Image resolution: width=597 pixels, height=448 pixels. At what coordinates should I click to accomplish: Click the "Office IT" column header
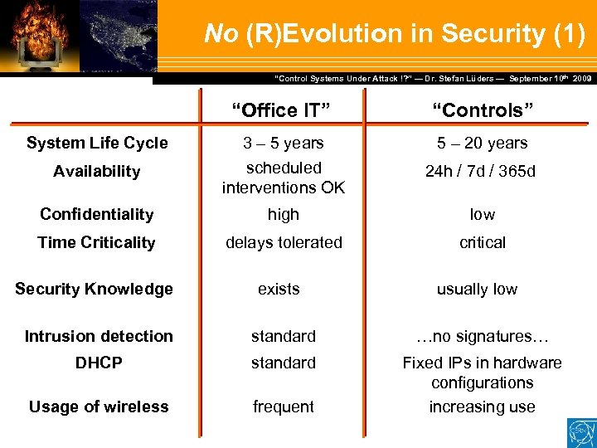point(280,110)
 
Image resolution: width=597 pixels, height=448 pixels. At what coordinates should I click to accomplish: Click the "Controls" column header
point(482,110)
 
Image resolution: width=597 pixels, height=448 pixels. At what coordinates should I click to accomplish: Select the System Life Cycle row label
point(97,143)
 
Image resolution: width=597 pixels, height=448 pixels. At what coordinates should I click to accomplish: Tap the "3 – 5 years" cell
point(284,143)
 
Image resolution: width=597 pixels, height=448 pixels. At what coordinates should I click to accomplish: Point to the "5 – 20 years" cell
point(482,143)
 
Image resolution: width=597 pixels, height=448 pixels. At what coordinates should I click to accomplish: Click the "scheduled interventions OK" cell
point(284,178)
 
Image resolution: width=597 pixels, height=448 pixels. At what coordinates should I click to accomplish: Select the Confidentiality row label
point(97,214)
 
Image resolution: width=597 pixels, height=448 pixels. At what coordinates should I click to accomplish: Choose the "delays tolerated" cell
point(284,242)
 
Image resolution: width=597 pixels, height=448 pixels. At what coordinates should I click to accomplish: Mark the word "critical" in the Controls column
point(482,242)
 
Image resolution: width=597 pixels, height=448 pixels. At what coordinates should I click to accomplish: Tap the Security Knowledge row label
point(94,289)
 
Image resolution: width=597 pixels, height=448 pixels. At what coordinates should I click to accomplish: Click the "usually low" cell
point(477,289)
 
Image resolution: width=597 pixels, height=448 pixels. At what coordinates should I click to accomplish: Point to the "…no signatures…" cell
point(482,336)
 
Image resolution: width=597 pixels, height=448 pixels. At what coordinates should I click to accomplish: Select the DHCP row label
point(98,363)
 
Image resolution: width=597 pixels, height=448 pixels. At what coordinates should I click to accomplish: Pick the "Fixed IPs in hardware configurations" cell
point(482,373)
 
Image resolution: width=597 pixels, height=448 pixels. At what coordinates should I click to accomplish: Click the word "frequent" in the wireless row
point(284,407)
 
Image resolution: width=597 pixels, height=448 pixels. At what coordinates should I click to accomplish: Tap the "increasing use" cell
point(482,407)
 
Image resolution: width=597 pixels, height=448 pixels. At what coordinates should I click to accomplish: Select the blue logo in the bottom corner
point(580,433)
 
